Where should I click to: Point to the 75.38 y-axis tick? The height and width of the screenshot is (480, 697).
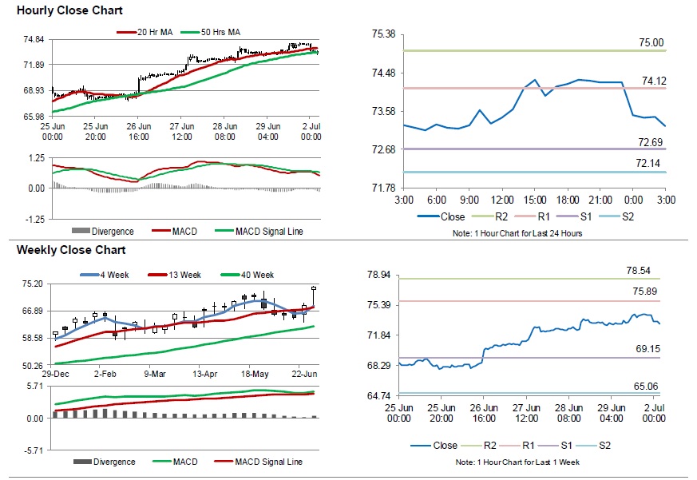coord(384,34)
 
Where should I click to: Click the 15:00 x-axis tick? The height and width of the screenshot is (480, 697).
coord(534,199)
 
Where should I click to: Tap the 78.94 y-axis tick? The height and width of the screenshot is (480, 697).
coord(378,275)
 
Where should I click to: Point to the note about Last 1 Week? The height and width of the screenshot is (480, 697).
coord(518,462)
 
